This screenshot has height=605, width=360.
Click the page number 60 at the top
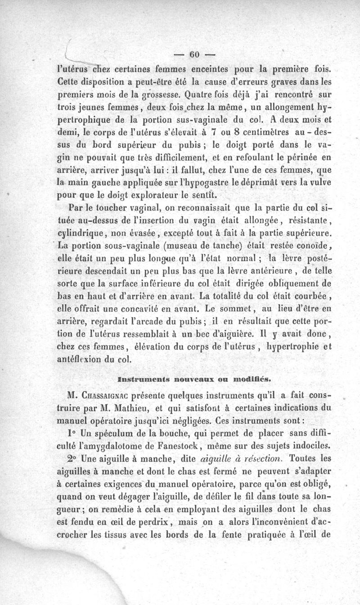pos(194,55)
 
